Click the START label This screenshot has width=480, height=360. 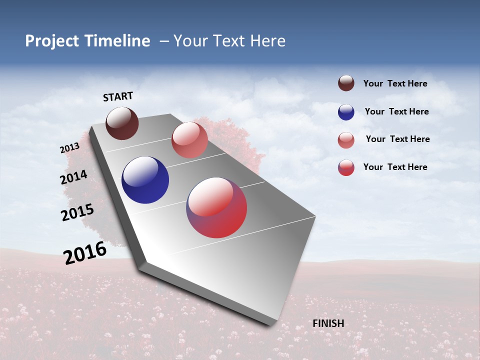click(118, 96)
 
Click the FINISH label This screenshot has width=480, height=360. click(328, 323)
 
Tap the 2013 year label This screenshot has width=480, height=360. click(70, 148)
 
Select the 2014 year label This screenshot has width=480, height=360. click(73, 177)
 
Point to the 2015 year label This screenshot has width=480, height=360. click(77, 212)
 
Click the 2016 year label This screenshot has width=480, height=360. click(85, 252)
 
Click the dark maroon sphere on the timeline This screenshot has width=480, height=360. click(122, 123)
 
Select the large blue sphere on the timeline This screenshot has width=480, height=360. click(145, 180)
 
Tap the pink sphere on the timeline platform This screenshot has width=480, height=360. click(189, 140)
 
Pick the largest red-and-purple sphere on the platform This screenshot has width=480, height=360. click(216, 207)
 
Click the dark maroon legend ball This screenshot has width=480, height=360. click(346, 83)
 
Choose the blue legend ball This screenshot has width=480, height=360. click(346, 112)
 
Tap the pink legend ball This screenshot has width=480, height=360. click(346, 140)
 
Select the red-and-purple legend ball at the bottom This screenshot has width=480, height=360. click(346, 167)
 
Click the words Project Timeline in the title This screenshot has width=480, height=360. click(87, 41)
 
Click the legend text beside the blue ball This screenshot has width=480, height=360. click(396, 111)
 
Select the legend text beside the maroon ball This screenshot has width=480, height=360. click(395, 83)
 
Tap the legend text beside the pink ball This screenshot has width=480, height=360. click(397, 139)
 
